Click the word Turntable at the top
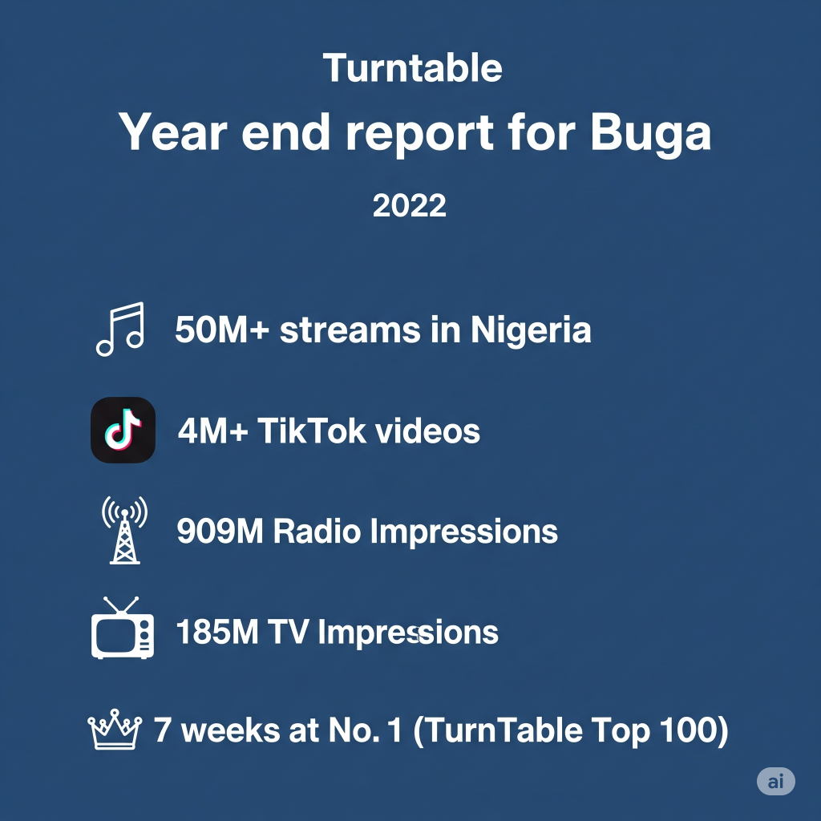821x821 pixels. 413,68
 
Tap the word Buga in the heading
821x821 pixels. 651,134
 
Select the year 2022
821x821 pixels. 410,205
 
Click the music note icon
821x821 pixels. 120,330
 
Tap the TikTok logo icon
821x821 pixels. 123,430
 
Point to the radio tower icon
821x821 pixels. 124,530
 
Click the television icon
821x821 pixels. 123,628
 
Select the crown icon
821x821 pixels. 115,730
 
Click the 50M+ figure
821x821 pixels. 222,330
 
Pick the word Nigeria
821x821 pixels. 531,330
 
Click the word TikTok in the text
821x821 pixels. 312,431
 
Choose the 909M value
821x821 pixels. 220,531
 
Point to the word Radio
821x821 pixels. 317,531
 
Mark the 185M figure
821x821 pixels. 217,632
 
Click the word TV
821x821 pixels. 288,632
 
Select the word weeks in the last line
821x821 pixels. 230,730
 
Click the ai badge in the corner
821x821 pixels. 776,781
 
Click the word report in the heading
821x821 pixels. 419,135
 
